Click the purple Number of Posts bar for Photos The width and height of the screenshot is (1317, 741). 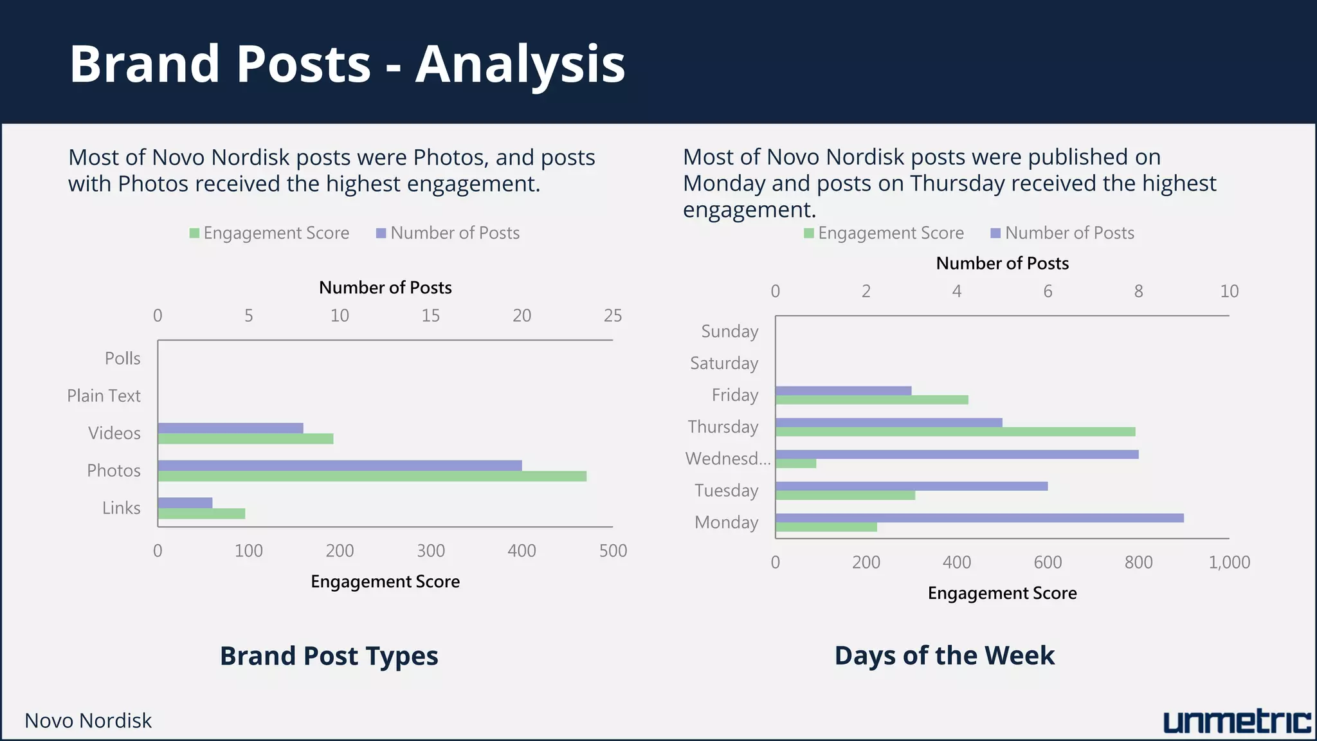pyautogui.click(x=340, y=465)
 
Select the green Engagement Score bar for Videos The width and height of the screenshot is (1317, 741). pyautogui.click(x=246, y=439)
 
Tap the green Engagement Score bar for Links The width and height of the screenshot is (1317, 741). pyautogui.click(x=201, y=513)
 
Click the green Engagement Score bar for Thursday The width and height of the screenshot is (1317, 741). pyautogui.click(x=955, y=432)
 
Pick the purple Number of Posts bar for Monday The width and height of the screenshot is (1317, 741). pyautogui.click(x=979, y=518)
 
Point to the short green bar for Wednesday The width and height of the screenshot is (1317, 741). pyautogui.click(x=795, y=463)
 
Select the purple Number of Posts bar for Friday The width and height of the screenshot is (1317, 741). pyautogui.click(x=843, y=390)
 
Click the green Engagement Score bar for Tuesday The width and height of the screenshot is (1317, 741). pyautogui.click(x=845, y=495)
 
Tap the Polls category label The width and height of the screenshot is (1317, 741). pyautogui.click(x=122, y=358)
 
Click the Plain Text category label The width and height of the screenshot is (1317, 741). pyautogui.click(x=104, y=396)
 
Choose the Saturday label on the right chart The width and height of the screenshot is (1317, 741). pyautogui.click(x=724, y=363)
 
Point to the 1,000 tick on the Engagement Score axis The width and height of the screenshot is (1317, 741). pyautogui.click(x=1229, y=562)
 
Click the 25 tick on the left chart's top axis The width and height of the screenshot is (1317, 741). pyautogui.click(x=612, y=315)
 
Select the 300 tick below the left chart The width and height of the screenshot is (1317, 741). pyautogui.click(x=430, y=551)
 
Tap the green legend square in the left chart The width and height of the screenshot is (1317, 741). pyautogui.click(x=194, y=233)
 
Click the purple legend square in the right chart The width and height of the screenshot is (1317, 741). pyautogui.click(x=995, y=233)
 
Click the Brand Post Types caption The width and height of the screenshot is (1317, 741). pyautogui.click(x=329, y=655)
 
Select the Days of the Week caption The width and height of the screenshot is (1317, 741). pyautogui.click(x=944, y=655)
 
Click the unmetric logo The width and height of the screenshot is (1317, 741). pyautogui.click(x=1237, y=722)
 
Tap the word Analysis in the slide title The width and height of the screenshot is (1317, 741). pyautogui.click(x=520, y=64)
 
